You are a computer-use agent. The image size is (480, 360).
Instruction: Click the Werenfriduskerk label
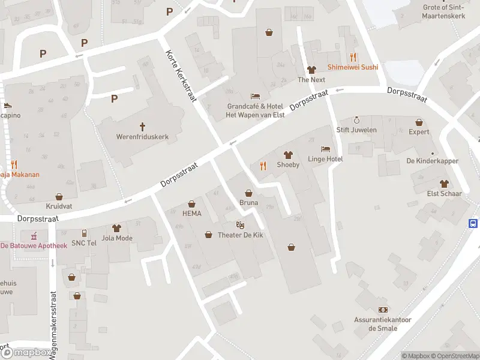tap(143, 137)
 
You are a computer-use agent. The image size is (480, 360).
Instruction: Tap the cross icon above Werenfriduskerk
tap(143, 127)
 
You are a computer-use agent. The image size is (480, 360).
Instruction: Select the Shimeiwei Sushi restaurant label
tap(353, 67)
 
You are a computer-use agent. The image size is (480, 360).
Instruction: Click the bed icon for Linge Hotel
tap(325, 149)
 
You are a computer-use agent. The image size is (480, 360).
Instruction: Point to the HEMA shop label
tap(191, 214)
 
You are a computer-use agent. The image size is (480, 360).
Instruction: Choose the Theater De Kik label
tap(240, 235)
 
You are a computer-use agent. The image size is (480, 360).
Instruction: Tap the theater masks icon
tap(240, 224)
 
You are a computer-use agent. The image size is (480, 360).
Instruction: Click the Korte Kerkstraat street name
tap(181, 76)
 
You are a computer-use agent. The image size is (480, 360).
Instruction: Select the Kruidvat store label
tap(59, 206)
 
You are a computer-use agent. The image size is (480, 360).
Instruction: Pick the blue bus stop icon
tap(473, 223)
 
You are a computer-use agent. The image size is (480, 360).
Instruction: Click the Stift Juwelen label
tap(356, 130)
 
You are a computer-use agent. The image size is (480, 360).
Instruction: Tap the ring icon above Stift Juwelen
tap(356, 120)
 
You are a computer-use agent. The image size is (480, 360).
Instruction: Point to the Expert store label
tap(419, 131)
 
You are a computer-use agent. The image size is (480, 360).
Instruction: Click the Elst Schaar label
tap(444, 193)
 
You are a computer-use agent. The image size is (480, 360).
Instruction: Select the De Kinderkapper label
tap(432, 161)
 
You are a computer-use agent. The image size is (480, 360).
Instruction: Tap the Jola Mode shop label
tap(117, 238)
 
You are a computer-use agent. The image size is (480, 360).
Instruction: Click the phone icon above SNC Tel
tap(84, 233)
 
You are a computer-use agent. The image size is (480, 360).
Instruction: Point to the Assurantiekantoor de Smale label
tap(382, 324)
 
